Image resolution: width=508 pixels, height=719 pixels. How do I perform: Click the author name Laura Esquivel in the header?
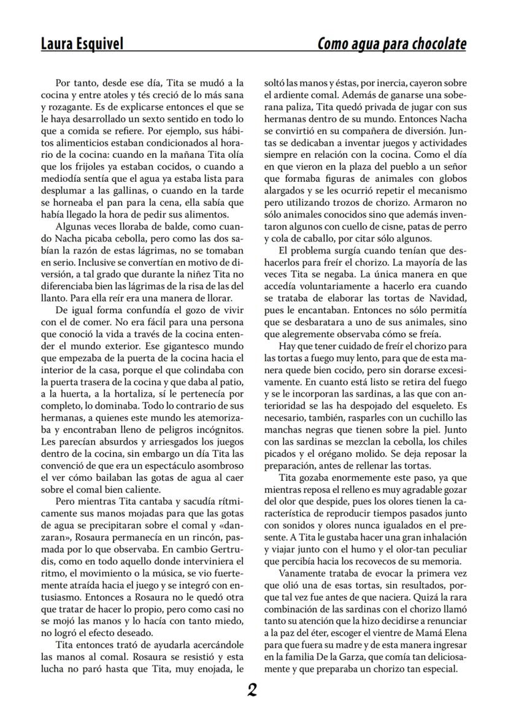click(82, 44)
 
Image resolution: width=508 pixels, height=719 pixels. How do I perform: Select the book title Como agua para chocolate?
click(391, 44)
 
